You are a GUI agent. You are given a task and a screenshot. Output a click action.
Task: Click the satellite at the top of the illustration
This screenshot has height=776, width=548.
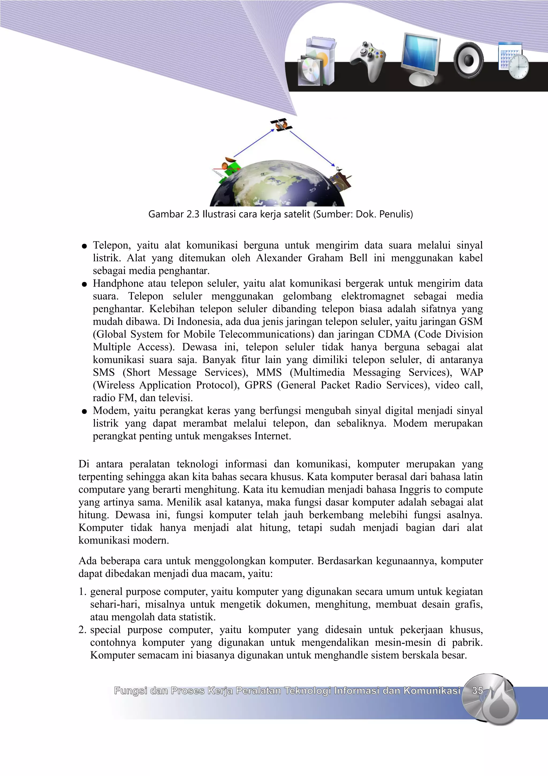pyautogui.click(x=281, y=125)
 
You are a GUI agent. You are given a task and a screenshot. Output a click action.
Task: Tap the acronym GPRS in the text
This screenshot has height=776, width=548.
pyautogui.click(x=258, y=385)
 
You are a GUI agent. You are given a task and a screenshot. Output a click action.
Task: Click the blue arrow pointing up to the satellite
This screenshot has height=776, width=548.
pyautogui.click(x=254, y=143)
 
